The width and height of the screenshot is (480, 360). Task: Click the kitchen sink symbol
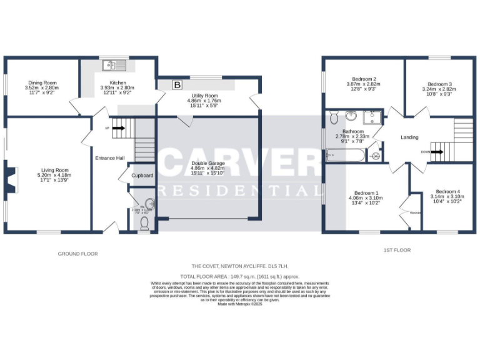pos(116,64)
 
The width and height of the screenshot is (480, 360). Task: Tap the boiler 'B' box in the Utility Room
pos(177,84)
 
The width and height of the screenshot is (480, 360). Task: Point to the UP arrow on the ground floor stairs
pos(119,129)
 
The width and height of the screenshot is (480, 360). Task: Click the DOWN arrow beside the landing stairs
pos(436,152)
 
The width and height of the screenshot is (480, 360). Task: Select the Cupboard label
pos(142,176)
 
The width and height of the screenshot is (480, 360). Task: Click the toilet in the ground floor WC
pos(145,223)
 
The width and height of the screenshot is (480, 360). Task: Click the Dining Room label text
pos(41,82)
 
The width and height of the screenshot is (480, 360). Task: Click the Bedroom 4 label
pos(447,191)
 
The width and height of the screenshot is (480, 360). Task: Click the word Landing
pos(409,137)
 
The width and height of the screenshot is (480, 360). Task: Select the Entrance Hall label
pos(110,158)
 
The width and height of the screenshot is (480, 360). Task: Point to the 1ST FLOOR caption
pos(397,250)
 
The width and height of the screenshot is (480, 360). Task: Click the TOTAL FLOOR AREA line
pos(240,276)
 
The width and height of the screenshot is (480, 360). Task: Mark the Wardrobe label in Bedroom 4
pos(414,213)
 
